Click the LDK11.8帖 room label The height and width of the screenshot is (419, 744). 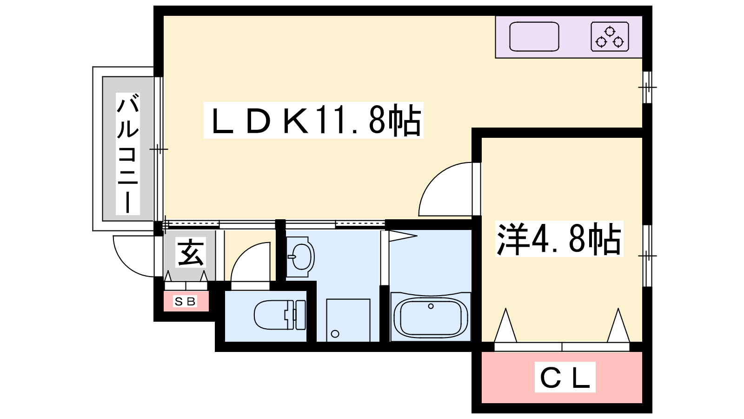click(x=313, y=121)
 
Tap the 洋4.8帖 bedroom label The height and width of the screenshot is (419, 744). click(x=559, y=239)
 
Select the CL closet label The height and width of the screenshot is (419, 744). click(x=565, y=377)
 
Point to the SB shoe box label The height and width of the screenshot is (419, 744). click(x=185, y=301)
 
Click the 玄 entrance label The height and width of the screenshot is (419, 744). click(x=190, y=253)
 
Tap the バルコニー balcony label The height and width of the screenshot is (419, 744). click(x=127, y=153)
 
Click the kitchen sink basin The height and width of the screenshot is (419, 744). click(x=534, y=36)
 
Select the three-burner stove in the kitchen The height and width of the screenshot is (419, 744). click(x=610, y=37)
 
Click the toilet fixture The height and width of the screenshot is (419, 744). click(x=279, y=315)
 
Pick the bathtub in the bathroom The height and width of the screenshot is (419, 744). click(x=430, y=318)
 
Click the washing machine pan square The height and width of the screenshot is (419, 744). click(x=348, y=320)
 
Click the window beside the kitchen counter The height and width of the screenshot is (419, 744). click(x=647, y=87)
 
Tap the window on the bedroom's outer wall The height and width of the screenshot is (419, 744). click(x=647, y=256)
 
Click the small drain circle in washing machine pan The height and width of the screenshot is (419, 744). click(x=335, y=333)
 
